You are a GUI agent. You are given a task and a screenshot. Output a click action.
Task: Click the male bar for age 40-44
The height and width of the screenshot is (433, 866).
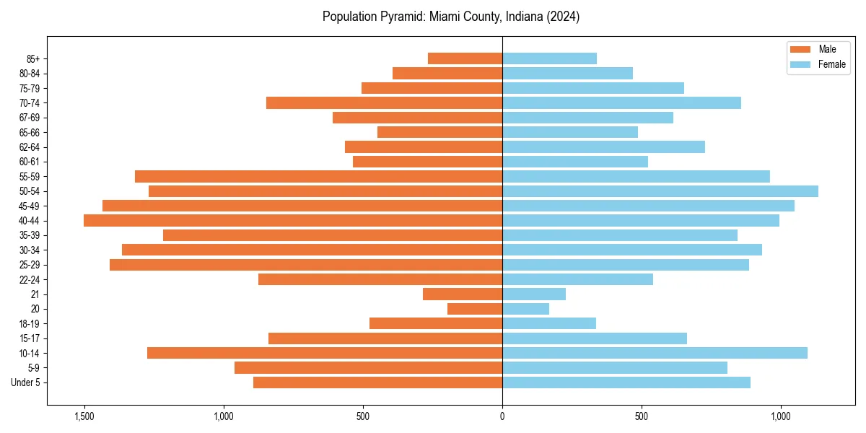coord(292,220)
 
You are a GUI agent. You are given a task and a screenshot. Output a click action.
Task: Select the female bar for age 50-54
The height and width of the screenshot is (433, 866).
coord(660,191)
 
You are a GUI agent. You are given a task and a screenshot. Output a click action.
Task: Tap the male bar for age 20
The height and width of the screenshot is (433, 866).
coord(474,309)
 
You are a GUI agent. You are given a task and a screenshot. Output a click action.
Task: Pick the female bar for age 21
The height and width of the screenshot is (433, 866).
coord(534,294)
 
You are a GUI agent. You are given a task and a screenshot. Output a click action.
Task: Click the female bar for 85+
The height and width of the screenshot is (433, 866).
coord(549,58)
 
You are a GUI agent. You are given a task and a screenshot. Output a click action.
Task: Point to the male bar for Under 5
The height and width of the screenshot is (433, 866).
coord(377,382)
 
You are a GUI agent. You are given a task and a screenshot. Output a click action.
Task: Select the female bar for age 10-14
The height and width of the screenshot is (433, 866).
coord(655,353)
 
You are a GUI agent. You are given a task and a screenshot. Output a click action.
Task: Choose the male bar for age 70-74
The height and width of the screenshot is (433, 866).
coord(384,102)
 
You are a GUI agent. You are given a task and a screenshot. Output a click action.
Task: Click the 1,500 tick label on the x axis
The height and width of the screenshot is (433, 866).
coord(84,417)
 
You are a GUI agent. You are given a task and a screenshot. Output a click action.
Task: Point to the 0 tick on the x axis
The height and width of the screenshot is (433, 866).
coord(502,417)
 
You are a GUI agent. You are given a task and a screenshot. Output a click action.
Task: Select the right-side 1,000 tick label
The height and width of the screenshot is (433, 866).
coord(780,417)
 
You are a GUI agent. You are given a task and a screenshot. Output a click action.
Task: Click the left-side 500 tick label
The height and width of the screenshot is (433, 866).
coord(363,417)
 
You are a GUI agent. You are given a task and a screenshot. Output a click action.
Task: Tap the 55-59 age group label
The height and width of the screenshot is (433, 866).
coord(30,177)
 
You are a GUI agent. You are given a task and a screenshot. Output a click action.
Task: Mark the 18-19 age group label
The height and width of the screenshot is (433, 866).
coord(30,324)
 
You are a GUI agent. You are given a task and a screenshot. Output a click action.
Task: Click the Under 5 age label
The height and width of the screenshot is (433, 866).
coord(25,382)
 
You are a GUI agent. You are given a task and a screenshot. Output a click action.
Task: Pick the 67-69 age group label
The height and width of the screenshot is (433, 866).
coord(30,118)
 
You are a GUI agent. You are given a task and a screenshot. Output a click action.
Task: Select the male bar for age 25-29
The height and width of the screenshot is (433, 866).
coord(305,265)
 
